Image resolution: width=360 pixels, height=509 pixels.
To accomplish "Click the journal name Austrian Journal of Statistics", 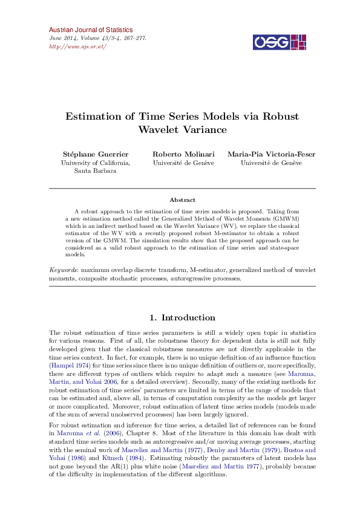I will pos(90,30).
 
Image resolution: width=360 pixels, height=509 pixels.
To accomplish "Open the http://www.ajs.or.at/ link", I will pos(77,47).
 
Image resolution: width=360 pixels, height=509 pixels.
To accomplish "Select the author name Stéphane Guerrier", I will pos(96,154).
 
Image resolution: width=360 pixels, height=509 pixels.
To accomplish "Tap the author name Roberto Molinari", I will pos(183,154).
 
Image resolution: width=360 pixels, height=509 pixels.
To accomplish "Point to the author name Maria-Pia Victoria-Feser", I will pos(271,154).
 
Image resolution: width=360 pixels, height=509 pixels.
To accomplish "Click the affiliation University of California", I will pos(96,163).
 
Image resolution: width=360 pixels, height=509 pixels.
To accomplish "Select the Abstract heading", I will pos(182,199).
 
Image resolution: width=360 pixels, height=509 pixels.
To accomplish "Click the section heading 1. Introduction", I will pos(182,317).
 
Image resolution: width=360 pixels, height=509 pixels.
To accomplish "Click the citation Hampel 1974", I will pos(72,366).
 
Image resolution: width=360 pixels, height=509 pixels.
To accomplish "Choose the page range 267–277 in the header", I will pos(134,38).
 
